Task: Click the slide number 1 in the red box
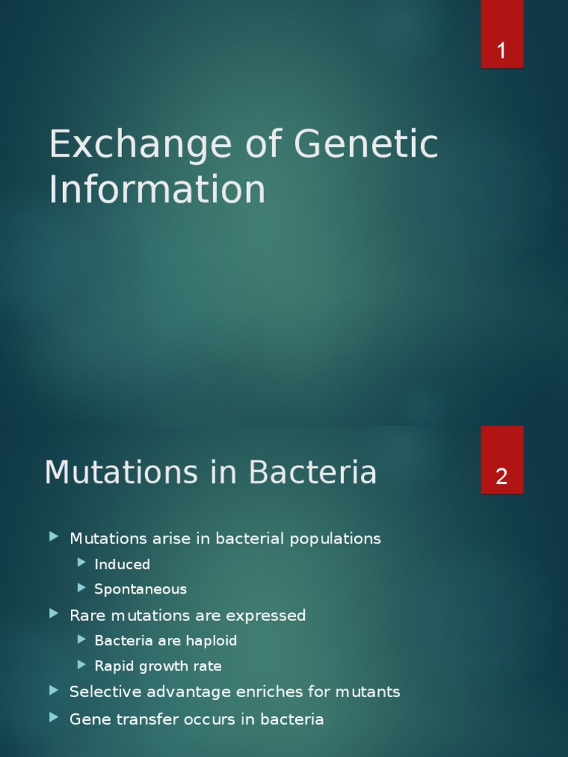(501, 52)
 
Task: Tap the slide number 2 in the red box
(501, 477)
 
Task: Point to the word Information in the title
(157, 189)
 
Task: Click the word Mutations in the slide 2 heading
(121, 472)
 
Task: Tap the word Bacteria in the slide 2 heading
(312, 472)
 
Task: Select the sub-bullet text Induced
(122, 564)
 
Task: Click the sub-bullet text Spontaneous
(141, 589)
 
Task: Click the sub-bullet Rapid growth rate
(158, 665)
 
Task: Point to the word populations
(335, 539)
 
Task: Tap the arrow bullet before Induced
(81, 563)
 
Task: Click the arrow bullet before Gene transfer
(53, 717)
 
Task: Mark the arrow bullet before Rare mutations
(53, 614)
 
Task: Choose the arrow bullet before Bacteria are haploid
(81, 639)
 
